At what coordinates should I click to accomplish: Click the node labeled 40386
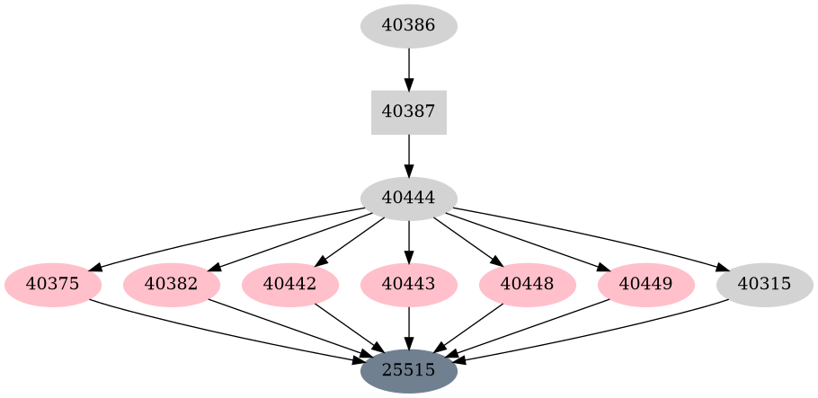[x=408, y=25]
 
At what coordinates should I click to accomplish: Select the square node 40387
[x=408, y=112]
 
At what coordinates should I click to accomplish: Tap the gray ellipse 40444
[x=408, y=199]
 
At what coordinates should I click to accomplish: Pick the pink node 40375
[x=52, y=285]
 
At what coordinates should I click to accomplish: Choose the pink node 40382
[x=171, y=285]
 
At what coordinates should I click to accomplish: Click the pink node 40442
[x=289, y=285]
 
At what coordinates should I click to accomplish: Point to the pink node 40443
[x=408, y=285]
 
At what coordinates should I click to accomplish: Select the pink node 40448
[x=527, y=285]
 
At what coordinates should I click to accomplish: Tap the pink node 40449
[x=645, y=285]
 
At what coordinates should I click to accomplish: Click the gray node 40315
[x=764, y=285]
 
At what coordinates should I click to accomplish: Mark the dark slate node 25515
[x=408, y=370]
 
